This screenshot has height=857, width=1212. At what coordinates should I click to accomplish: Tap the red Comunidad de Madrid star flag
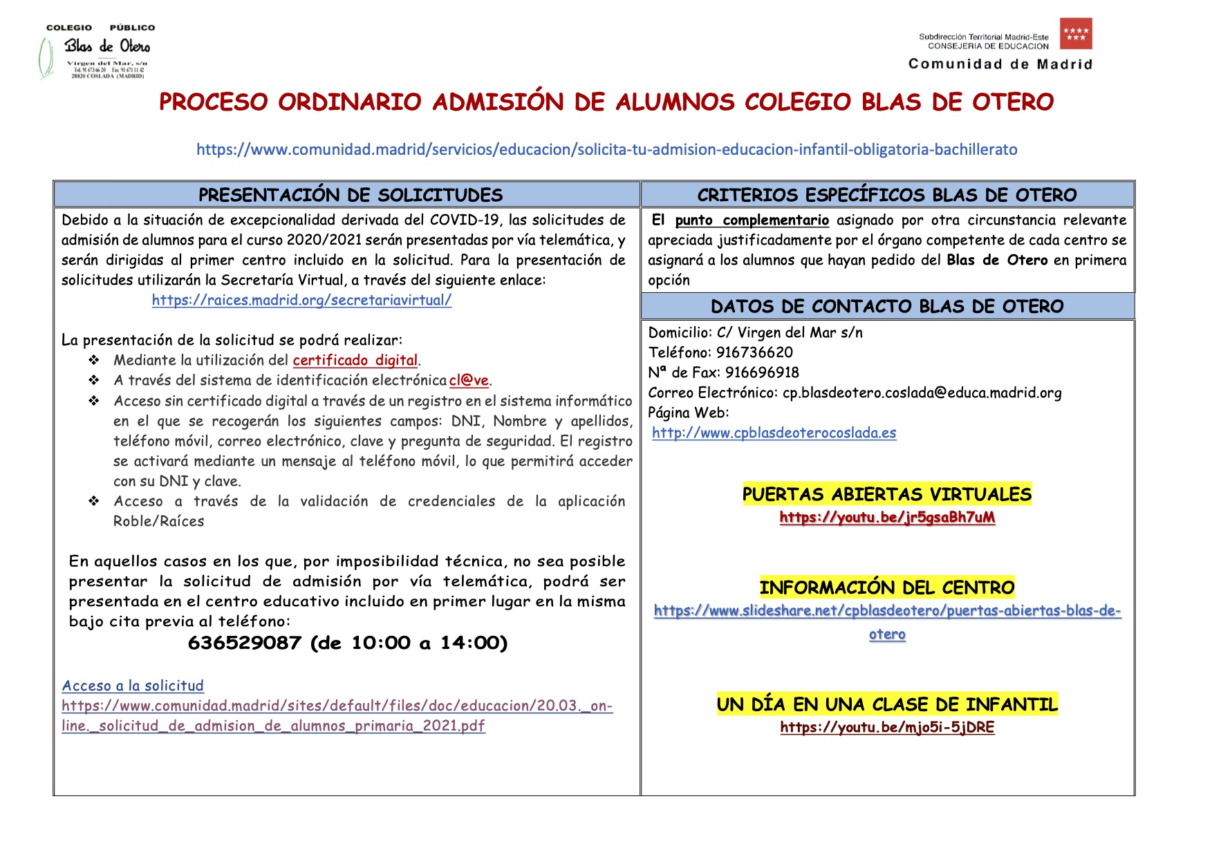click(1075, 34)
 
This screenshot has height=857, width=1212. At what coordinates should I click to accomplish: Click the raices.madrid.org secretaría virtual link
click(301, 300)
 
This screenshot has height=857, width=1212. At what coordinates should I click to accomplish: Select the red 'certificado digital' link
click(355, 360)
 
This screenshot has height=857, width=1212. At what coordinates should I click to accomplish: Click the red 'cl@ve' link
click(469, 380)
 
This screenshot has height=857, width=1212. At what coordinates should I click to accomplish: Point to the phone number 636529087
click(244, 643)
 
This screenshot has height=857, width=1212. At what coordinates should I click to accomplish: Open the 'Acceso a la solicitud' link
click(133, 686)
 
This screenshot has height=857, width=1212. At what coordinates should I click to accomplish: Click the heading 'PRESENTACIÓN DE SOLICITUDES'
click(350, 195)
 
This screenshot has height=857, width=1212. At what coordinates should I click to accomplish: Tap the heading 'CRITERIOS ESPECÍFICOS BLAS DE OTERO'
click(886, 195)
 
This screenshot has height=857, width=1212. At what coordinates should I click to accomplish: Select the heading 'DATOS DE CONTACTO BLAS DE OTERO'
click(886, 306)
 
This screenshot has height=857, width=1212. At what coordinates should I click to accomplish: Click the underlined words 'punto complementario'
click(752, 220)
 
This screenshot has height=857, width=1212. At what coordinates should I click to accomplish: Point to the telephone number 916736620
click(754, 352)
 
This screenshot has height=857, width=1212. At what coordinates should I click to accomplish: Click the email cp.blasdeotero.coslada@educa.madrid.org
click(922, 393)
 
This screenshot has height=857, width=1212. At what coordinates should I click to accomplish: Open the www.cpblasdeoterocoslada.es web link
click(774, 433)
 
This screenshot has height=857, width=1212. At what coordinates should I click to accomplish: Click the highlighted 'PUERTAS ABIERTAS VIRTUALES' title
click(886, 494)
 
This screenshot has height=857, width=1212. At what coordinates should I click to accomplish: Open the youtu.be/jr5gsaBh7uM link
click(887, 517)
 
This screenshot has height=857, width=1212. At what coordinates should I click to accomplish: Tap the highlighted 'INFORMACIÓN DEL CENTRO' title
click(886, 587)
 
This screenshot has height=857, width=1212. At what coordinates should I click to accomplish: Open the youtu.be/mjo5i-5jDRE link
click(887, 727)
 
